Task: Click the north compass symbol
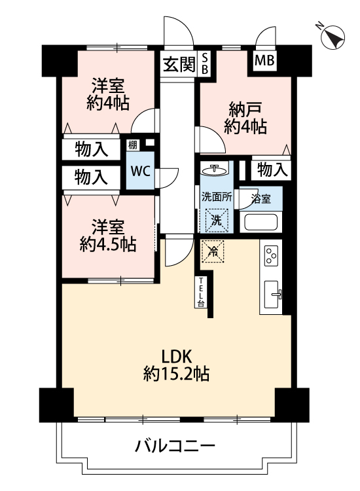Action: click(x=333, y=37)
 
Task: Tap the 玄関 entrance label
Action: click(x=179, y=65)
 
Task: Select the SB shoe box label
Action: click(x=205, y=64)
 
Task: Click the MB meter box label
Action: click(x=264, y=60)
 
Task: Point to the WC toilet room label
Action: click(x=141, y=171)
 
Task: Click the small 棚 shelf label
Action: click(x=132, y=145)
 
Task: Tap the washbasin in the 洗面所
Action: click(x=215, y=170)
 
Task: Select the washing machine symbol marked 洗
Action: click(x=217, y=221)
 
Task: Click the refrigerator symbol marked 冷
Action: click(x=213, y=251)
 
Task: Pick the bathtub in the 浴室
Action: click(x=261, y=222)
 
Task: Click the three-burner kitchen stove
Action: click(x=271, y=256)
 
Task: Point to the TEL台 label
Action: click(x=201, y=292)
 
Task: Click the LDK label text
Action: click(x=176, y=357)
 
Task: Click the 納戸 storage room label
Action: click(x=245, y=109)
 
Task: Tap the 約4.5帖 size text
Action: click(x=108, y=245)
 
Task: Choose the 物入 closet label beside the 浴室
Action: click(x=272, y=170)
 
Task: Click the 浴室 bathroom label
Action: click(x=261, y=199)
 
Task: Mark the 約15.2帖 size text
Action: click(x=177, y=374)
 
